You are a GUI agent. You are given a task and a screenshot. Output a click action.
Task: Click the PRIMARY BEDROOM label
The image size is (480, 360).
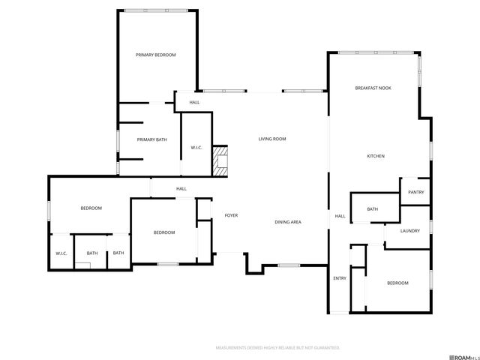(155, 55)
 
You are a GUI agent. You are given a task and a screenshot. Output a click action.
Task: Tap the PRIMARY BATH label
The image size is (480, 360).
(151, 139)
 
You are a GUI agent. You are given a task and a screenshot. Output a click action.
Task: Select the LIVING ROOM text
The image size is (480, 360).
(272, 139)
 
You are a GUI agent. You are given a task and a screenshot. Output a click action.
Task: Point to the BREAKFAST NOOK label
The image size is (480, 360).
(373, 88)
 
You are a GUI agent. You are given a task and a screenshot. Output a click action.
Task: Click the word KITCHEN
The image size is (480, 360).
(375, 156)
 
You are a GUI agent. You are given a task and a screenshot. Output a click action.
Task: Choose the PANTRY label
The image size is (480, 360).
(416, 192)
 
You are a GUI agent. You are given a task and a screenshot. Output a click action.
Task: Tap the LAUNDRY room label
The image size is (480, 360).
(409, 231)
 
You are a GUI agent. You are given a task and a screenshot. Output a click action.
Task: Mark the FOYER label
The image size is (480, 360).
(231, 215)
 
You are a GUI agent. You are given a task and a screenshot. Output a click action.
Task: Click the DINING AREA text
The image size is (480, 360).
(288, 222)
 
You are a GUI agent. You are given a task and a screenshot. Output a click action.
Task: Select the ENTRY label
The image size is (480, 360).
(340, 278)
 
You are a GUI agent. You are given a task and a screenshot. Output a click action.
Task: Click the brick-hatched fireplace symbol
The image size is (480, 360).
(220, 160)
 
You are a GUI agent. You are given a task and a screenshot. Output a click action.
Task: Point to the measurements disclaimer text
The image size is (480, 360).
(277, 348)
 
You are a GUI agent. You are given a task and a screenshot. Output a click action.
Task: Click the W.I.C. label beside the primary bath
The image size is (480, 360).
(196, 147)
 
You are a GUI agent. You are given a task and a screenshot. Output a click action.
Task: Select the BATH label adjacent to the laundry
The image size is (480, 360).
(373, 209)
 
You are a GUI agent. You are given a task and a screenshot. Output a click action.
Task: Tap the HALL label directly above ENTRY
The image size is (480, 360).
(340, 216)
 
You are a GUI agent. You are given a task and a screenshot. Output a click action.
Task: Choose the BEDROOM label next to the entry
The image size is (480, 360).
(397, 283)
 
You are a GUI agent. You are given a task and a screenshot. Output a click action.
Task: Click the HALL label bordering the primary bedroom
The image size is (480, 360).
(194, 102)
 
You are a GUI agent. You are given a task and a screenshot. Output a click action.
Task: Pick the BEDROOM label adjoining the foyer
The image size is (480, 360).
(164, 232)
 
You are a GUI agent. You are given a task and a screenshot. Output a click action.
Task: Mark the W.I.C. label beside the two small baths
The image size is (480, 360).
(61, 253)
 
